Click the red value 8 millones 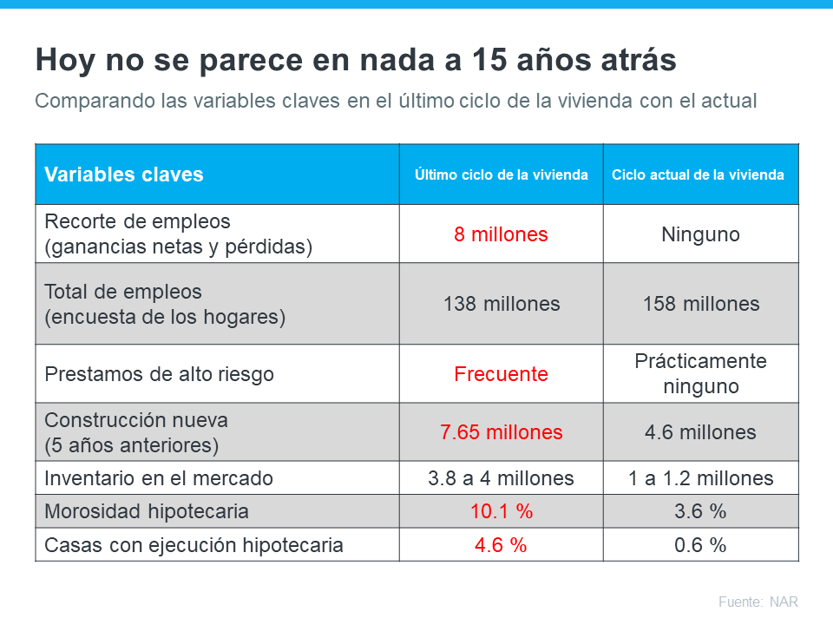tap(501, 234)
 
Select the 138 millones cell tap(501, 304)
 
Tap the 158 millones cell tap(700, 304)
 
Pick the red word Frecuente tap(501, 374)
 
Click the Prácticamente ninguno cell tap(700, 373)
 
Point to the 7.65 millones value tap(501, 432)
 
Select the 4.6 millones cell tap(700, 432)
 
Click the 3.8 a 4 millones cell tap(501, 478)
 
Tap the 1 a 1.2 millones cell tap(700, 478)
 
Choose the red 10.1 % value tap(501, 511)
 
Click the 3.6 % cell tap(700, 511)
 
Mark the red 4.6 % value tap(501, 545)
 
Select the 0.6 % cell tap(700, 545)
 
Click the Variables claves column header tap(123, 174)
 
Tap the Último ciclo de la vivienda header tap(501, 174)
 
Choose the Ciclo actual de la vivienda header tap(698, 174)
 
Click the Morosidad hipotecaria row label tap(146, 511)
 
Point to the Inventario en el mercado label tap(158, 478)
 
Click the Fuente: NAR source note tap(758, 602)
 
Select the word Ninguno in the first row tap(700, 234)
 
